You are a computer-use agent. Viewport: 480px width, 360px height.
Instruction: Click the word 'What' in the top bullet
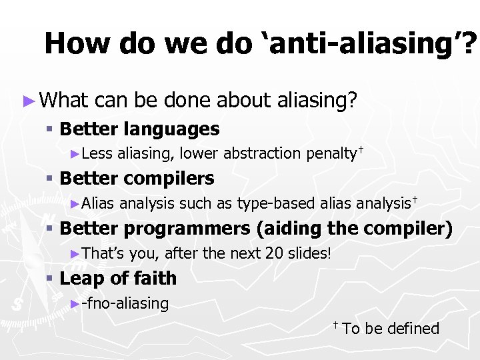point(64,101)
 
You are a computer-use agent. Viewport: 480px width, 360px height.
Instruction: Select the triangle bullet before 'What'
point(27,101)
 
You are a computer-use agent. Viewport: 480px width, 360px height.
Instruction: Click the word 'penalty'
point(331,153)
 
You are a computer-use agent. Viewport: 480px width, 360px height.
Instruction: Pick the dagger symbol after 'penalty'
point(361,149)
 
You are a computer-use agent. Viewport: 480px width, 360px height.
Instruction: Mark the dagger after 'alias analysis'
point(414,199)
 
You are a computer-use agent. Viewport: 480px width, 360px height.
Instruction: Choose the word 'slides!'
point(310,253)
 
